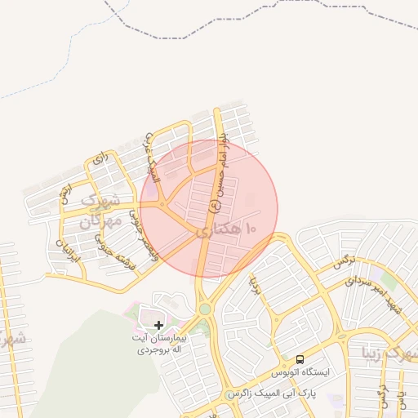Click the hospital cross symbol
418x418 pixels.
(158, 325)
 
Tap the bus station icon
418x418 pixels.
(300, 359)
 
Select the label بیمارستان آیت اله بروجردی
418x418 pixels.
(161, 342)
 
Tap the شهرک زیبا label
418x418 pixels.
(391, 354)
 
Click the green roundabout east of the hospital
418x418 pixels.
(204, 309)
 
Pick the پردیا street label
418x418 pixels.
(255, 285)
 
